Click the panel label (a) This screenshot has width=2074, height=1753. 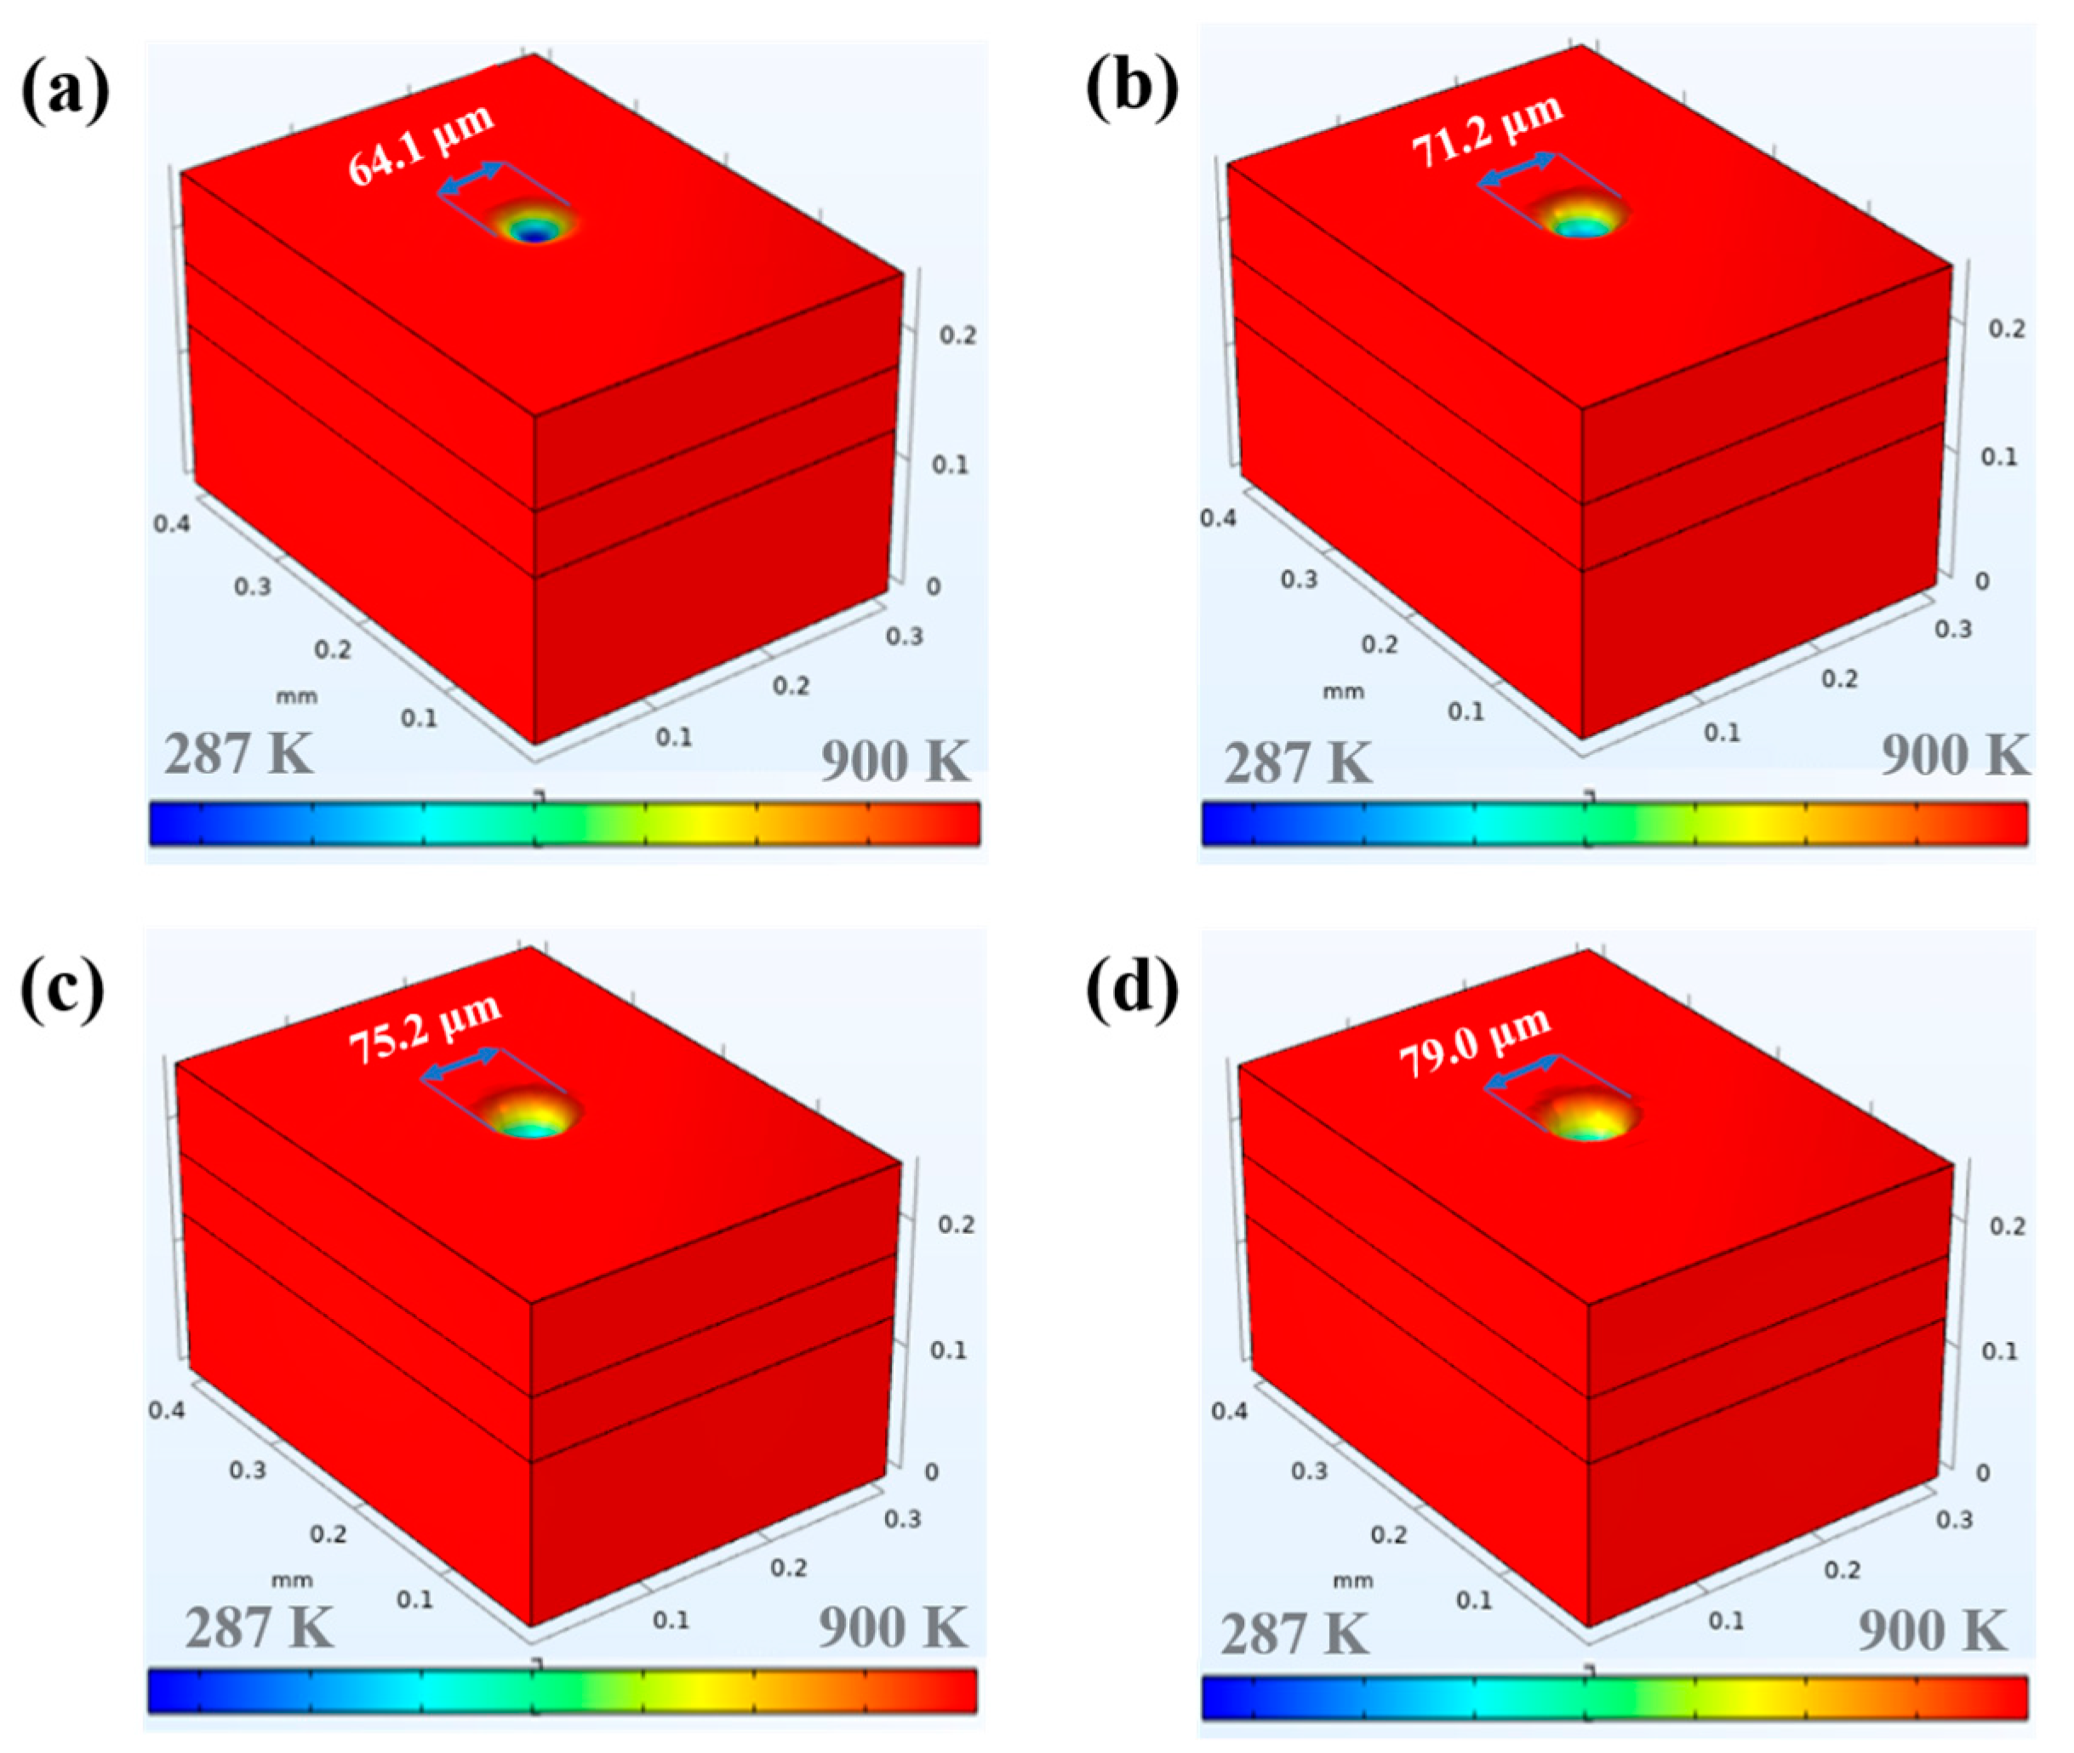pyautogui.click(x=65, y=94)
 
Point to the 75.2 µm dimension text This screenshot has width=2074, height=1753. pyautogui.click(x=425, y=1030)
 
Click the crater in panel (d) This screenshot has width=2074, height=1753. pyautogui.click(x=1587, y=1116)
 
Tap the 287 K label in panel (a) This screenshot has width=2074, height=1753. pyautogui.click(x=237, y=754)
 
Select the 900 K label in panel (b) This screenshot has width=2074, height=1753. pyautogui.click(x=1954, y=756)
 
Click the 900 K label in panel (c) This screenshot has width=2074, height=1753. pyautogui.click(x=891, y=1628)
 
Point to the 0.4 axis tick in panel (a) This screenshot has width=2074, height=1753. pyautogui.click(x=171, y=522)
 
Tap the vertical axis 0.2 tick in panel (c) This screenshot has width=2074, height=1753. pyautogui.click(x=956, y=1225)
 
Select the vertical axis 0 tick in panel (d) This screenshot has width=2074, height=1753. pyautogui.click(x=1981, y=1473)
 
